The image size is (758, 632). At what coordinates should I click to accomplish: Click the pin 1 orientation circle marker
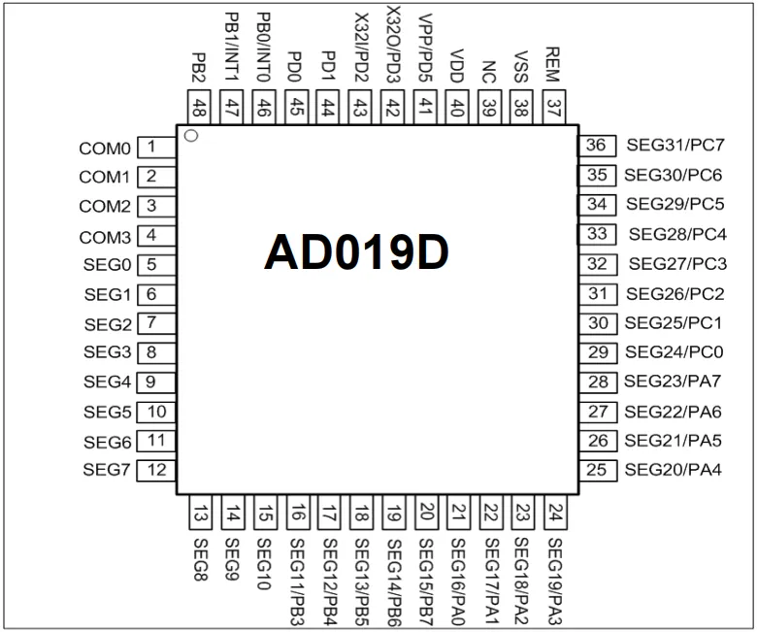(x=191, y=136)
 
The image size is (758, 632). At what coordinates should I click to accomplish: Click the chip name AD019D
(x=356, y=252)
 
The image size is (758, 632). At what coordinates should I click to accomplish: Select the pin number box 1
(x=156, y=147)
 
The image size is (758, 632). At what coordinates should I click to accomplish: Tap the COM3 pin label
(x=105, y=238)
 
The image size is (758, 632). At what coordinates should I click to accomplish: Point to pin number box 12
(x=156, y=470)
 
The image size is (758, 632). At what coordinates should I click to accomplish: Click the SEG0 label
(x=107, y=265)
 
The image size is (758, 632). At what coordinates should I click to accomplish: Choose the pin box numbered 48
(x=199, y=107)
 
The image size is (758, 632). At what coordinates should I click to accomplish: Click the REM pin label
(x=552, y=64)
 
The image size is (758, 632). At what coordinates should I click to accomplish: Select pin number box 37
(x=554, y=107)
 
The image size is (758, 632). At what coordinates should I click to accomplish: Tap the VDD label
(x=457, y=66)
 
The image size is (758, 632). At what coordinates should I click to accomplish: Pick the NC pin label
(x=489, y=72)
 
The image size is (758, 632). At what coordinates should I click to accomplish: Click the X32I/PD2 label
(x=361, y=48)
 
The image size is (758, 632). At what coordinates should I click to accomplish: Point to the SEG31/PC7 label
(x=676, y=145)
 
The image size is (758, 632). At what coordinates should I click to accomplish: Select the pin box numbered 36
(x=598, y=146)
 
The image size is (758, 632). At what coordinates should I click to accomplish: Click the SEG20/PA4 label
(x=673, y=470)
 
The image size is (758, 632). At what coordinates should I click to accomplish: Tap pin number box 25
(x=598, y=470)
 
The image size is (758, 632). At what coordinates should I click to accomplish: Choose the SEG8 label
(x=201, y=559)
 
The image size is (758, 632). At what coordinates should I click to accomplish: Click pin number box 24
(x=556, y=513)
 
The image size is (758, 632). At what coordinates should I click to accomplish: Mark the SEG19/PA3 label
(x=555, y=582)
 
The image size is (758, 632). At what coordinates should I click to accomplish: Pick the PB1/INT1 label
(x=232, y=47)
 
